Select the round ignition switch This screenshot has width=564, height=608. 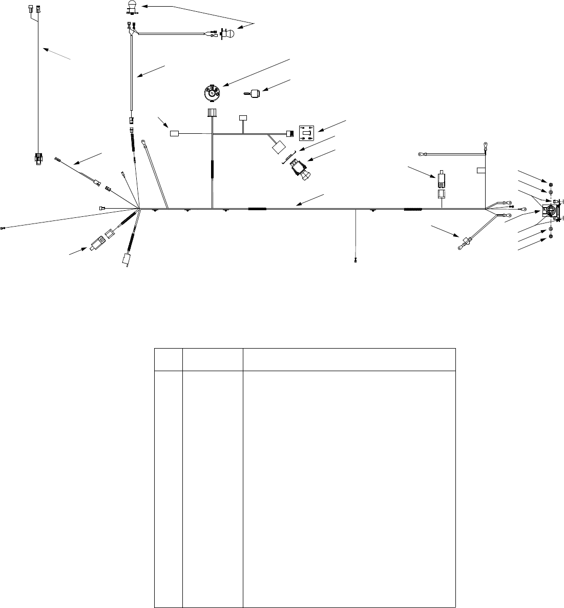coord(211,93)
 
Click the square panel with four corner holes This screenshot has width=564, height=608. coord(306,133)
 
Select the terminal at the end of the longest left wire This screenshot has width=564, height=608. coord(3,228)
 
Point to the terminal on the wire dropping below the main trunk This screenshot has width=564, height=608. coord(356,261)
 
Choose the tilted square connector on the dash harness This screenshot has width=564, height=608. coord(279,147)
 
